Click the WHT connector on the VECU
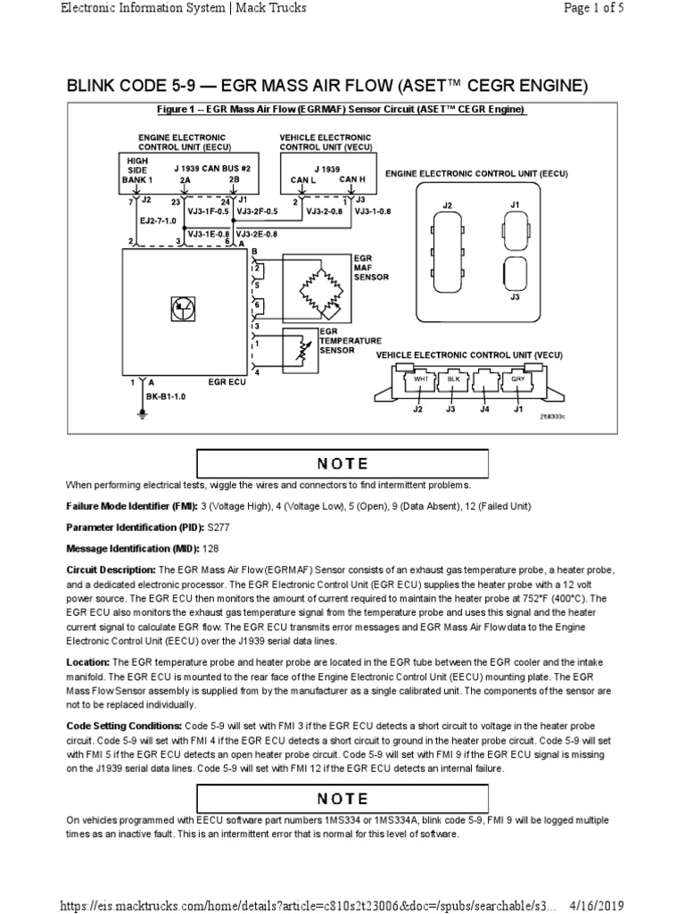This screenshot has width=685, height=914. (423, 379)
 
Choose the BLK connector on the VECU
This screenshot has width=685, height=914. (452, 379)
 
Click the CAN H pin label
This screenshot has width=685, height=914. (353, 179)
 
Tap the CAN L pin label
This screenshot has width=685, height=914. (305, 179)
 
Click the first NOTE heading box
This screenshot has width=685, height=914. (342, 463)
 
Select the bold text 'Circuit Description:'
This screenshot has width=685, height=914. (111, 569)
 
